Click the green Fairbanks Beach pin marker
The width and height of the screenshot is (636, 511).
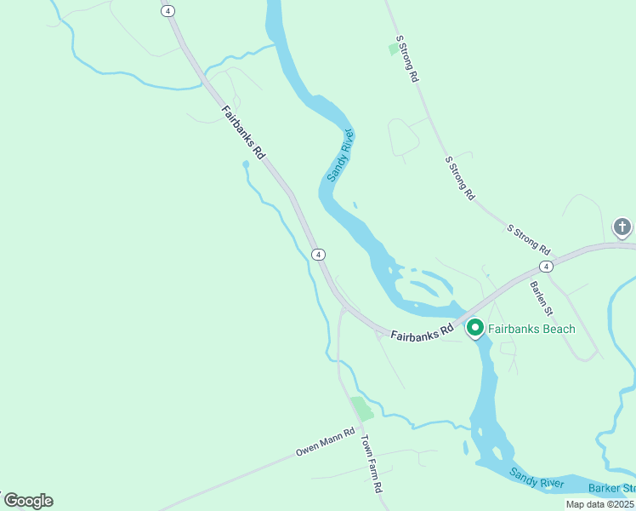pyautogui.click(x=474, y=327)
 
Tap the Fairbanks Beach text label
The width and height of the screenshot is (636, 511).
pyautogui.click(x=531, y=329)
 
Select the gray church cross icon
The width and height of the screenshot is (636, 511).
pyautogui.click(x=622, y=227)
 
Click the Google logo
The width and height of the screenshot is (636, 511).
pyautogui.click(x=27, y=501)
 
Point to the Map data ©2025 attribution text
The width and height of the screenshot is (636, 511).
pyautogui.click(x=599, y=504)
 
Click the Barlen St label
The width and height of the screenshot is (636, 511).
pyautogui.click(x=542, y=297)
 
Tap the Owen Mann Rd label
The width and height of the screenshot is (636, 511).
pyautogui.click(x=325, y=440)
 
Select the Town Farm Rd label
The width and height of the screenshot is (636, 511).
pyautogui.click(x=372, y=465)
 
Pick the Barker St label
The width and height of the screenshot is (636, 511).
pyautogui.click(x=612, y=489)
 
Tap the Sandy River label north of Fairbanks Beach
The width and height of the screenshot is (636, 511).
pyautogui.click(x=340, y=154)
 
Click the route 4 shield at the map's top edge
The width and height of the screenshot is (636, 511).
pyautogui.click(x=168, y=10)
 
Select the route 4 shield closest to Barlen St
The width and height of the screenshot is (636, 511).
pyautogui.click(x=545, y=267)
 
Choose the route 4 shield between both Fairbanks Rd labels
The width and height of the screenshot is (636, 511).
pyautogui.click(x=317, y=255)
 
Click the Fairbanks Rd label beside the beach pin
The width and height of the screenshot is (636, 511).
pyautogui.click(x=421, y=330)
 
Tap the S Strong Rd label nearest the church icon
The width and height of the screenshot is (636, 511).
pyautogui.click(x=528, y=239)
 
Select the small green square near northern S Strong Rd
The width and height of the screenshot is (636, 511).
pyautogui.click(x=395, y=49)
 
